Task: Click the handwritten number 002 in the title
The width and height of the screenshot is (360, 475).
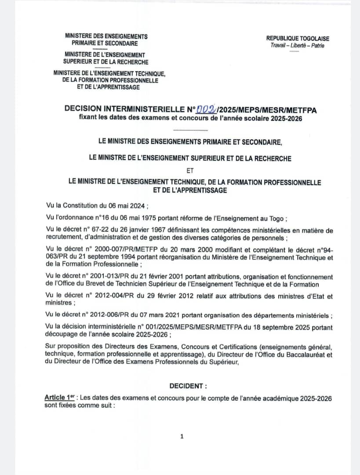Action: click(x=206, y=109)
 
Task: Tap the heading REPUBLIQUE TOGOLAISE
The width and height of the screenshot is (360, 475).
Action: click(x=298, y=39)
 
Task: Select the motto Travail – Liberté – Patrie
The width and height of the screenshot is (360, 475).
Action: click(x=298, y=46)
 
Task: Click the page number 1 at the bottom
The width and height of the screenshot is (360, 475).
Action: click(x=182, y=436)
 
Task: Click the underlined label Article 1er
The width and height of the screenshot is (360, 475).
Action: click(x=59, y=398)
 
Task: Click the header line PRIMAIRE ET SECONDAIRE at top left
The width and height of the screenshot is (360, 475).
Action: click(x=105, y=43)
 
